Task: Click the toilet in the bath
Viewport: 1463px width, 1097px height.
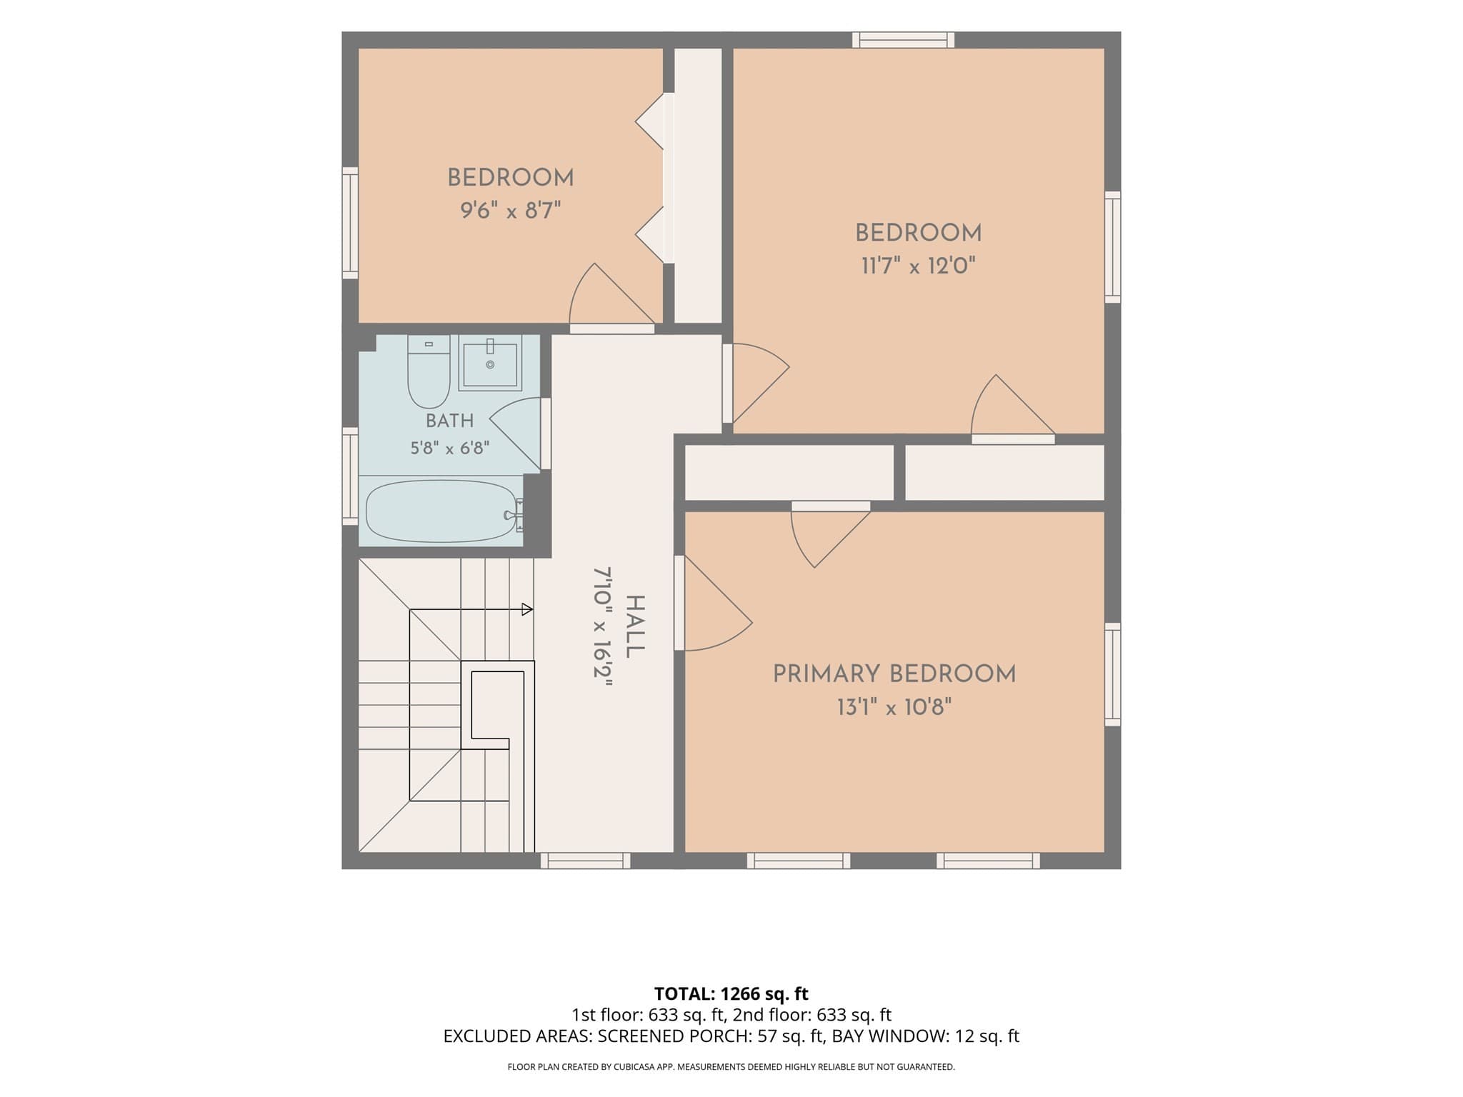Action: (x=429, y=371)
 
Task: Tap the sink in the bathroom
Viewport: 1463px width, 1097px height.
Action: (x=490, y=364)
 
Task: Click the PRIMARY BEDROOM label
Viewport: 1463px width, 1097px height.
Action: (x=894, y=674)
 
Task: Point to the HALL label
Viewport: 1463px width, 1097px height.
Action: (x=634, y=627)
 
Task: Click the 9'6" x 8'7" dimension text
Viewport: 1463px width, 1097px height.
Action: (x=511, y=211)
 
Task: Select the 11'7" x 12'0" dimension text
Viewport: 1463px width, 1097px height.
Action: (x=919, y=266)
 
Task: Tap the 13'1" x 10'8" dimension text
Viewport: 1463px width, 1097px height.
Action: (x=894, y=708)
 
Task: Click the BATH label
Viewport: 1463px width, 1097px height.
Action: (x=450, y=421)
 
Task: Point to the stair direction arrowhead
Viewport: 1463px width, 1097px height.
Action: (x=527, y=609)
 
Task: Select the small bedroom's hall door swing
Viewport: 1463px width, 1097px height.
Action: (x=611, y=296)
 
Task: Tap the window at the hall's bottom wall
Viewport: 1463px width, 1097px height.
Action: (x=585, y=861)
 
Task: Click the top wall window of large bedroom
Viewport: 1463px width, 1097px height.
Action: (x=903, y=40)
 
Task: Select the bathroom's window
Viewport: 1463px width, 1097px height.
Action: (x=350, y=476)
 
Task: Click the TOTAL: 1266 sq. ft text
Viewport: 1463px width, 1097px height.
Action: (x=731, y=993)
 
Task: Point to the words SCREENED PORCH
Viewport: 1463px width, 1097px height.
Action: (x=674, y=1036)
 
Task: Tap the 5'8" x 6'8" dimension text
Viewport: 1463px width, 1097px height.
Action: (x=450, y=449)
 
